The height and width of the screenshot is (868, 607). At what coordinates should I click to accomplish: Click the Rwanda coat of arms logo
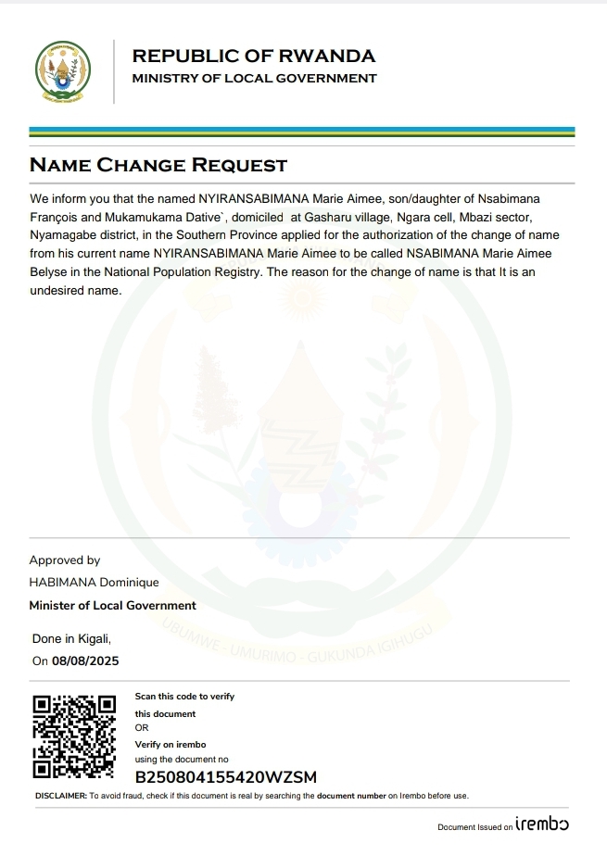[x=63, y=71]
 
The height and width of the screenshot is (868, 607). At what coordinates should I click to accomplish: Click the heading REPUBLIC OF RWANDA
[x=254, y=57]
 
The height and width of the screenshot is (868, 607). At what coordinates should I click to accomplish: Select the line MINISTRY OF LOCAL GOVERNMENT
[x=254, y=79]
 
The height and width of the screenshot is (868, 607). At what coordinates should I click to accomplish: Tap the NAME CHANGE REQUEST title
[x=158, y=166]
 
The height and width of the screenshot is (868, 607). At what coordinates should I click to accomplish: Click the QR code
[x=73, y=736]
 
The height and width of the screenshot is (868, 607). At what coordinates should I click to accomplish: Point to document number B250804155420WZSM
[x=225, y=776]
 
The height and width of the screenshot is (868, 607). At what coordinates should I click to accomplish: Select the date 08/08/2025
[x=85, y=661]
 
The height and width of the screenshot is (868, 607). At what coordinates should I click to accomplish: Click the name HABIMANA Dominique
[x=94, y=583]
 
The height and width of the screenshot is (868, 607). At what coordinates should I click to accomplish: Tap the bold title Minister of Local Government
[x=112, y=606]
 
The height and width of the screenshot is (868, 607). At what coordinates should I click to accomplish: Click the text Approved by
[x=65, y=560]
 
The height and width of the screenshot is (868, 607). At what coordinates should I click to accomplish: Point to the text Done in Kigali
[x=71, y=639]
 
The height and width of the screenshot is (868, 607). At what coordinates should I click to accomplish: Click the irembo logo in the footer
[x=542, y=824]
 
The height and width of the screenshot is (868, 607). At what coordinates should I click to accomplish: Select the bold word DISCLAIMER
[x=60, y=796]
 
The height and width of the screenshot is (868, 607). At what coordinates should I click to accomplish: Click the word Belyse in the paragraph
[x=48, y=272]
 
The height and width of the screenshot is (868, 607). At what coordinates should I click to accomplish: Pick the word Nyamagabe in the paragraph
[x=63, y=235]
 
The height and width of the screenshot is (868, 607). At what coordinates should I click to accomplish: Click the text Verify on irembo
[x=171, y=745]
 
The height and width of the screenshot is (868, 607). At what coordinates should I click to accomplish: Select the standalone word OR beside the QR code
[x=142, y=728]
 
